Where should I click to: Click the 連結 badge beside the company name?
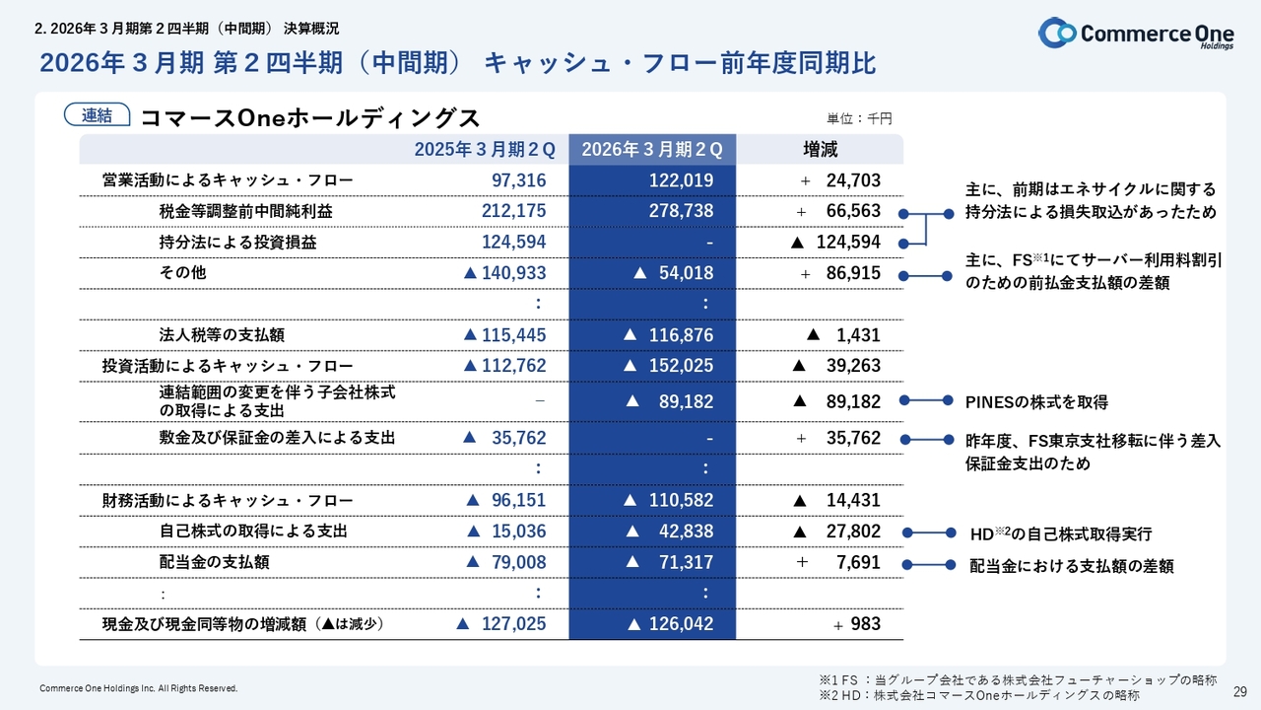[x=97, y=116]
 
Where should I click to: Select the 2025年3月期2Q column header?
[x=485, y=150]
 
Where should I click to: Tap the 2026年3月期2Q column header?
[x=652, y=150]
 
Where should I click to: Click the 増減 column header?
[x=820, y=150]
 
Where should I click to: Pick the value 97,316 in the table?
[x=518, y=180]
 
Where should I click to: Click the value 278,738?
[x=681, y=211]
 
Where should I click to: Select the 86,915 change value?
[x=853, y=273]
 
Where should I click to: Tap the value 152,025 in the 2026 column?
[x=680, y=366]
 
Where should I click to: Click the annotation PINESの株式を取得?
[x=1036, y=402]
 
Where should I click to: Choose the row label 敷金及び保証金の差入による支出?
[x=277, y=438]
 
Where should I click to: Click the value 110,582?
[x=680, y=500]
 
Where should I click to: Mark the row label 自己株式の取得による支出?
[x=253, y=532]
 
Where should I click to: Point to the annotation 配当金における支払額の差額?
[x=1072, y=567]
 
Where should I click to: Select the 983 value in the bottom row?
[x=865, y=624]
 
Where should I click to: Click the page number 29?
[x=1240, y=690]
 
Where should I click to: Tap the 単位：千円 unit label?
[x=858, y=118]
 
